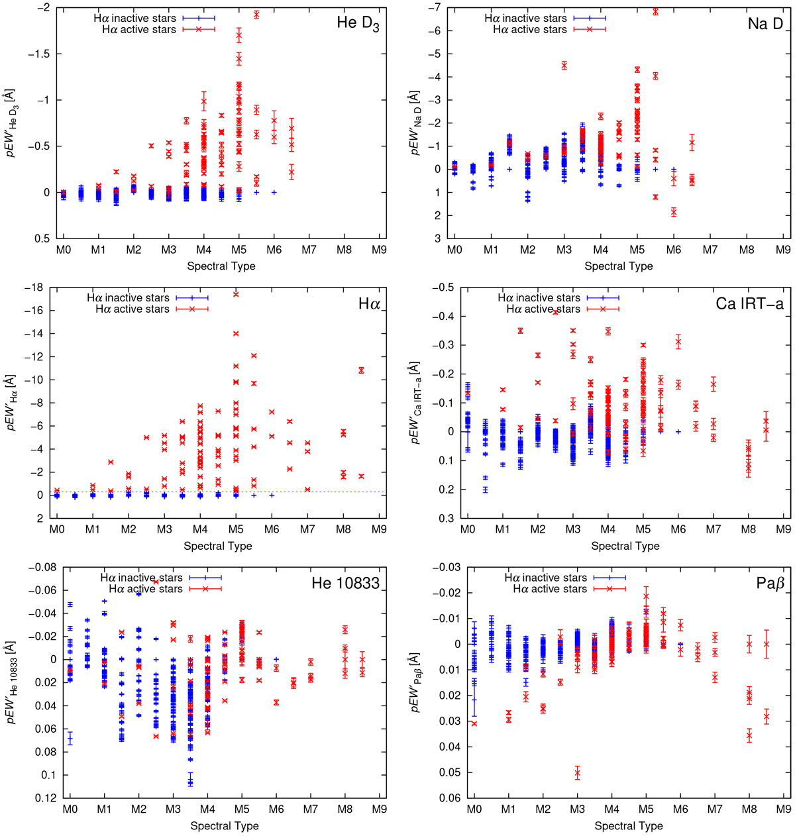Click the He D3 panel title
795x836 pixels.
[x=357, y=23]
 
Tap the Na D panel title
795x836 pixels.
[x=765, y=23]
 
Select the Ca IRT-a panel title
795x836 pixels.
[x=750, y=303]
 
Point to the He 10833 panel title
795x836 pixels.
[x=345, y=584]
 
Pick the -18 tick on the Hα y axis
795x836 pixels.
[x=36, y=287]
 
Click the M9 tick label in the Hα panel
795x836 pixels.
[x=378, y=531]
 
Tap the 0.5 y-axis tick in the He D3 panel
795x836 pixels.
[x=41, y=238]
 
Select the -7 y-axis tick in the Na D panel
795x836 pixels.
[x=438, y=8]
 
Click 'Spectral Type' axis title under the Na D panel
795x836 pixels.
[x=618, y=266]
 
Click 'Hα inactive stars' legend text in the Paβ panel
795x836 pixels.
[x=545, y=578]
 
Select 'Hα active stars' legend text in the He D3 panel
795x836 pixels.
[x=139, y=29]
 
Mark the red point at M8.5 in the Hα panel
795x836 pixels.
[x=361, y=476]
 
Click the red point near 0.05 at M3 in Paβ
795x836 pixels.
[x=577, y=773]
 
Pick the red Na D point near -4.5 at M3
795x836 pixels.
[x=564, y=65]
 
